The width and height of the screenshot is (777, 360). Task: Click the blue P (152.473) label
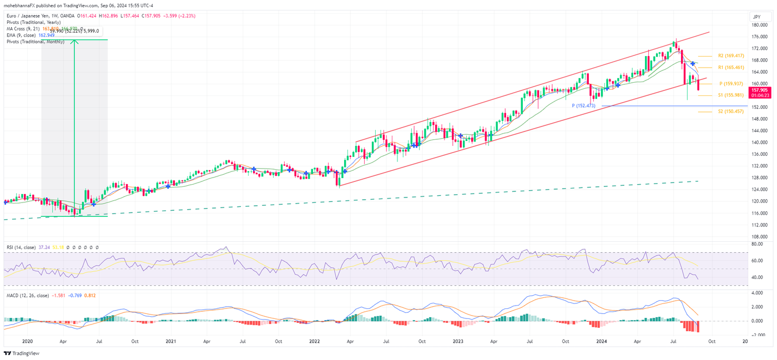click(x=583, y=105)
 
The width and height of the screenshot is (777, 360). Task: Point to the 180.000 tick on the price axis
click(x=759, y=25)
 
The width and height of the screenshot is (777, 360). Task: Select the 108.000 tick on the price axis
click(x=759, y=236)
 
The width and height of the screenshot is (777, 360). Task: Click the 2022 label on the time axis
click(x=315, y=341)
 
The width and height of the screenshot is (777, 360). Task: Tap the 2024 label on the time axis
click(x=602, y=341)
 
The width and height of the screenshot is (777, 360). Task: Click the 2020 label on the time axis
click(x=28, y=341)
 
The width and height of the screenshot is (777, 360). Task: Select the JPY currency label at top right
click(x=758, y=17)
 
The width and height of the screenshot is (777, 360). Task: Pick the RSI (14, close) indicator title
click(x=21, y=247)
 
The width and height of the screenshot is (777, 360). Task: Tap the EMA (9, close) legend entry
click(x=21, y=36)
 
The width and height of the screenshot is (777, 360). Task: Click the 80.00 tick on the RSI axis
click(x=756, y=244)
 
